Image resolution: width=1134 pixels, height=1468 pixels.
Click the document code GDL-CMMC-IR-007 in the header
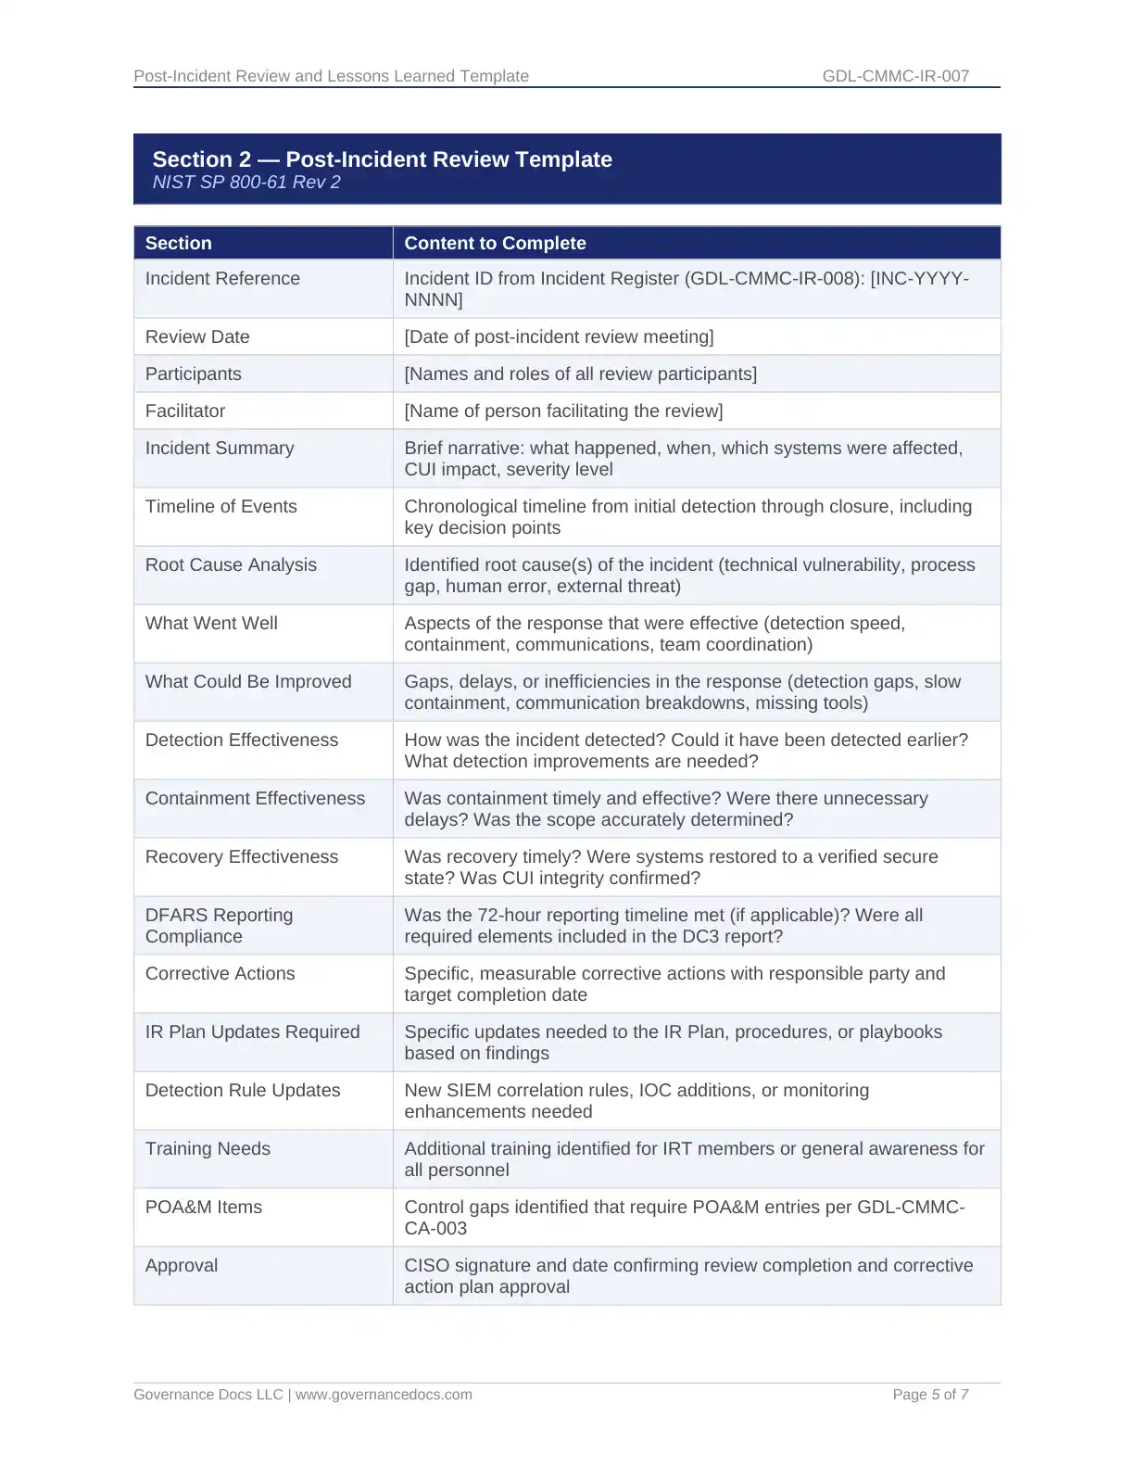(895, 76)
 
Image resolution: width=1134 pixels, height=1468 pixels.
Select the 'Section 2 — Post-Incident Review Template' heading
(382, 159)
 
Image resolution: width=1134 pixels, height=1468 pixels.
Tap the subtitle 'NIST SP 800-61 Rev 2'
(246, 183)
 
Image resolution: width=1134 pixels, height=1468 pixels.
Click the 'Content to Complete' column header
(495, 243)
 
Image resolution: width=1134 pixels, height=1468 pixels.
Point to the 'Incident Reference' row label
(222, 278)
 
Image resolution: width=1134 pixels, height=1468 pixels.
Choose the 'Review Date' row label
(197, 336)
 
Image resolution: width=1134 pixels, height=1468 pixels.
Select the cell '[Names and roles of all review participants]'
(580, 373)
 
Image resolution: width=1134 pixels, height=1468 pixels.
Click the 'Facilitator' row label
(185, 411)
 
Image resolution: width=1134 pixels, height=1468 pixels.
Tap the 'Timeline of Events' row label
(221, 506)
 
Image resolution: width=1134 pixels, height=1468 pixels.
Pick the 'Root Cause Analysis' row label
(231, 564)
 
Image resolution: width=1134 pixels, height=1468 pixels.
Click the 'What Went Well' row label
(211, 623)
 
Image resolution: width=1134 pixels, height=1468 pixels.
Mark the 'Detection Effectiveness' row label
(242, 740)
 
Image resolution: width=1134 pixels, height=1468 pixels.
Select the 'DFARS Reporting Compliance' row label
(219, 925)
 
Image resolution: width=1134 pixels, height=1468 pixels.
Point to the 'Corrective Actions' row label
(220, 973)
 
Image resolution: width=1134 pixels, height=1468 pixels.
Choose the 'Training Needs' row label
(208, 1148)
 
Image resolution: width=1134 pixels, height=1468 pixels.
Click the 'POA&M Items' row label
(204, 1207)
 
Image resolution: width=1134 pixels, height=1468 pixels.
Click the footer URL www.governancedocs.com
(384, 1394)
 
